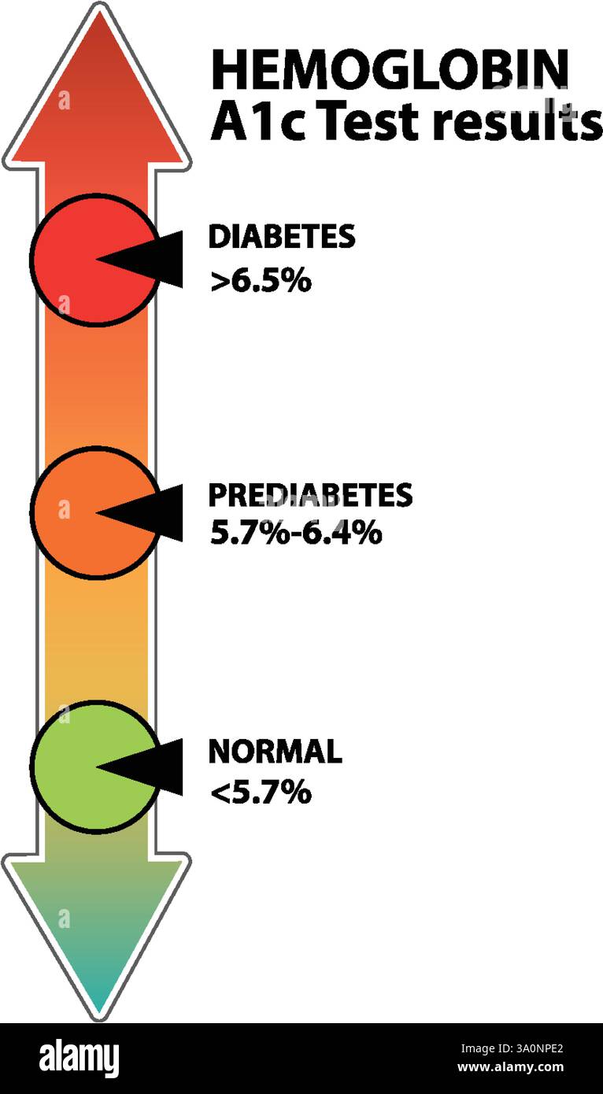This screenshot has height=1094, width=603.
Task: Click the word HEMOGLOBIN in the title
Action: tap(390, 69)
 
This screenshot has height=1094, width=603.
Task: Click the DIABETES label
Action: tap(282, 236)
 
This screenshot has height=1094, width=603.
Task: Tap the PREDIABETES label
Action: tap(310, 495)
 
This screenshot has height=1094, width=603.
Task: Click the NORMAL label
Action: tap(276, 752)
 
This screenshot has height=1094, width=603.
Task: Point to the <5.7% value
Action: tap(261, 793)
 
